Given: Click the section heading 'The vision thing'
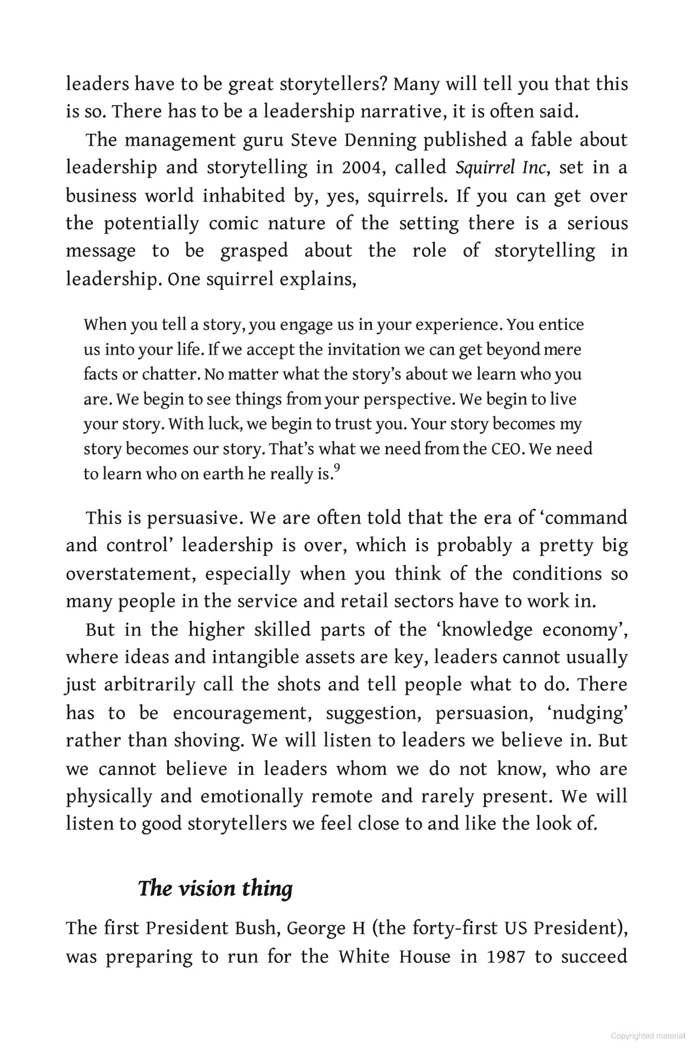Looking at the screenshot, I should pyautogui.click(x=215, y=889).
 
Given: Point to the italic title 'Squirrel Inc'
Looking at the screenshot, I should pyautogui.click(x=502, y=168).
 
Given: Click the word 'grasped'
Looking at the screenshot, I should pyautogui.click(x=253, y=251).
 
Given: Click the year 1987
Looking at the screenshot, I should pyautogui.click(x=506, y=957).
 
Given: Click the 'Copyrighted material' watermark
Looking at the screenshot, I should pyautogui.click(x=647, y=1036).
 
